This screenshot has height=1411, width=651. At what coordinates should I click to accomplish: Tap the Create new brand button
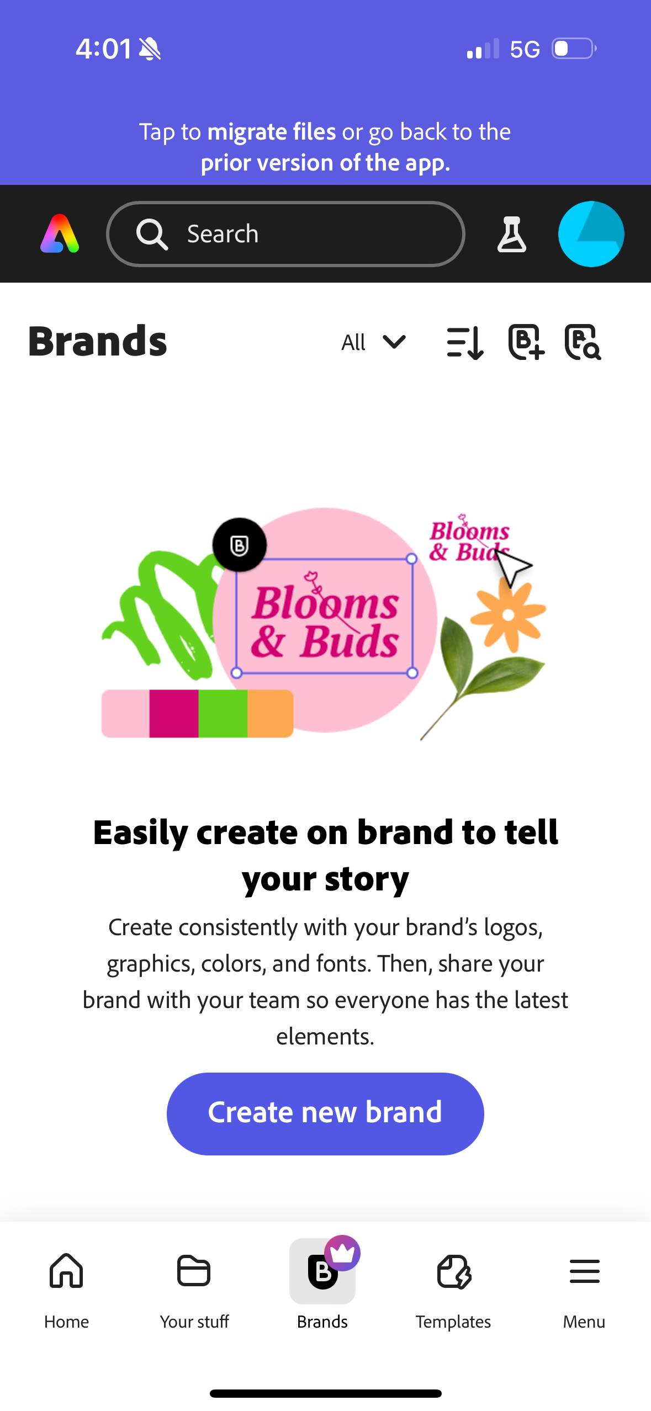pos(325,1113)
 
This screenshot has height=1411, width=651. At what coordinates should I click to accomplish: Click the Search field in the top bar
pos(285,234)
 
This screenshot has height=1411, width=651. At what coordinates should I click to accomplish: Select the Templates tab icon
pos(453,1272)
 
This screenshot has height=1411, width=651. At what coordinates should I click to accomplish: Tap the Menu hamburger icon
pos(584,1271)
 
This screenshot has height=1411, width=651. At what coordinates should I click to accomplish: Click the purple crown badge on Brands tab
pos(342,1253)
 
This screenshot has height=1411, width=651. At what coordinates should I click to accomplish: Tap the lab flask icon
pos(511,235)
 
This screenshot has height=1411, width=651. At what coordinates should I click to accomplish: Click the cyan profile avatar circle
pos(591,234)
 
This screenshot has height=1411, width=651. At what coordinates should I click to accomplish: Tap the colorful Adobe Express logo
pos(60,234)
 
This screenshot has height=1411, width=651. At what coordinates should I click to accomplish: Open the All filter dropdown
pos(373,342)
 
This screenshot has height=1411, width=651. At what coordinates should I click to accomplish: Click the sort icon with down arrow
pos(465,342)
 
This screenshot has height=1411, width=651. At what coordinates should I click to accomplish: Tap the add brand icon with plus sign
pos(526,342)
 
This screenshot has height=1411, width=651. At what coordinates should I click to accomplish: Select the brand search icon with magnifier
pos(583,342)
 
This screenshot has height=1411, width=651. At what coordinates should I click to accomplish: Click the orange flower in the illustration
pos(509,615)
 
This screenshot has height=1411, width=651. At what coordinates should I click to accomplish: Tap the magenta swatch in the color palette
pos(173,713)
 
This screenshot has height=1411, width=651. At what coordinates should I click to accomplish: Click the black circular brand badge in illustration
pos(240,545)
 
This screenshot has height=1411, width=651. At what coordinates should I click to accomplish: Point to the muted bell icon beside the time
pos(150,49)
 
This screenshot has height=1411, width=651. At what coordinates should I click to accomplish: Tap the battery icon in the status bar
pos(574,49)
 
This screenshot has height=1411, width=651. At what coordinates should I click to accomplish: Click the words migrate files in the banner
pos(271,132)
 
